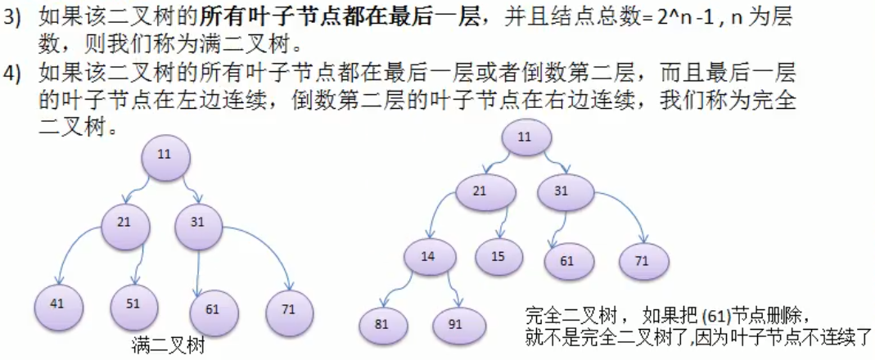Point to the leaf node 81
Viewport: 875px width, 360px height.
pos(382,323)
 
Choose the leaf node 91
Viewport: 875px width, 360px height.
pos(455,324)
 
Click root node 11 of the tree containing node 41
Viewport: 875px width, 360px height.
pos(165,154)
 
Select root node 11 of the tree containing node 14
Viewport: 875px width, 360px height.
pos(523,137)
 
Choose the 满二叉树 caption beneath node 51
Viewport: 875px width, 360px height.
pos(167,346)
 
